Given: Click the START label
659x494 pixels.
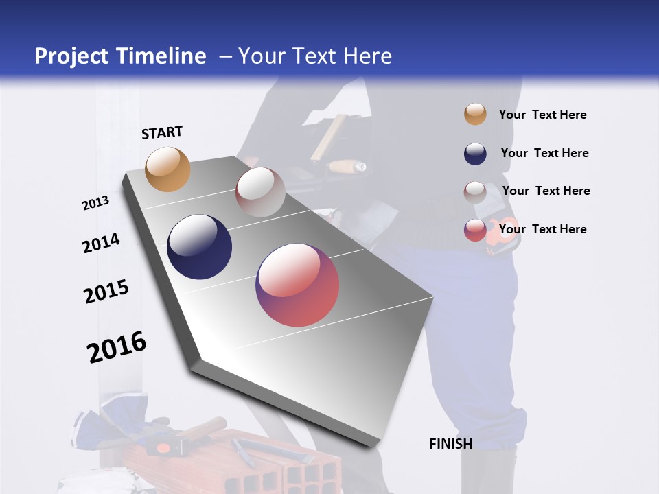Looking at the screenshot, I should click(162, 132).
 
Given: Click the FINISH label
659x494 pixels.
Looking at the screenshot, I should click(450, 444).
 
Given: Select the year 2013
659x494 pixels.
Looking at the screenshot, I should click(95, 203).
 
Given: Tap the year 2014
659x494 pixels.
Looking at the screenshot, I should click(101, 244).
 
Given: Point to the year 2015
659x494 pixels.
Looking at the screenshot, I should click(106, 292).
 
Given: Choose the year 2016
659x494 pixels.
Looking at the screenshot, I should click(117, 347).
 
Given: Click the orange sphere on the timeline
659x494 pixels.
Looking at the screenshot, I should click(167, 169).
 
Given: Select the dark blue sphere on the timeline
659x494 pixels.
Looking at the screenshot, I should click(199, 247).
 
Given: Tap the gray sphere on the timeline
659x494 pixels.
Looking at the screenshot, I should click(260, 192).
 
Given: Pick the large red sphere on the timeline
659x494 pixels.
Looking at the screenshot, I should click(297, 285).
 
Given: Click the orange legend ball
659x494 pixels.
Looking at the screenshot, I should click(475, 114).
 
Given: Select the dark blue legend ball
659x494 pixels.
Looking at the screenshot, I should click(475, 154).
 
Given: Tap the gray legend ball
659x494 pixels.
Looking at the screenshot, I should click(475, 191).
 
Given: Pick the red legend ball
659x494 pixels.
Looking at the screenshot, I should click(475, 230).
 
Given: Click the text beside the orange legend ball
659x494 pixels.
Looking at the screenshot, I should click(542, 115).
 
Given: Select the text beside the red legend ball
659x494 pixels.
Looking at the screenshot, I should click(542, 229).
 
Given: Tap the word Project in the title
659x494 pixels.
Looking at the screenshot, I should click(71, 56).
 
